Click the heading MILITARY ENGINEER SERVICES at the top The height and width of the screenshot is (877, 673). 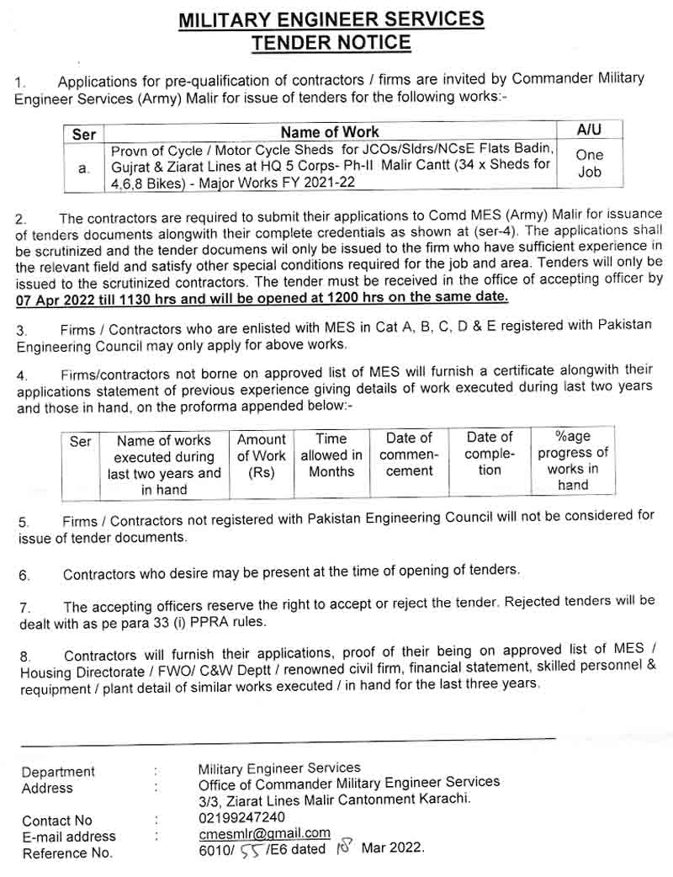331,19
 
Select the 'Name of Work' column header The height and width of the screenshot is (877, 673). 330,132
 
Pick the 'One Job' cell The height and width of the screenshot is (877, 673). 590,163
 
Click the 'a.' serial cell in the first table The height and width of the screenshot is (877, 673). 83,168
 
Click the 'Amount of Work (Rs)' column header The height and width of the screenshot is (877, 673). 262,456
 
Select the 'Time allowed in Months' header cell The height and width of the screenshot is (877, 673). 331,455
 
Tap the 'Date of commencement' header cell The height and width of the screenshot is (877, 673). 409,455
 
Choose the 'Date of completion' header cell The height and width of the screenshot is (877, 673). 490,454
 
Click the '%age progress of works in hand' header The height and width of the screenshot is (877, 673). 573,460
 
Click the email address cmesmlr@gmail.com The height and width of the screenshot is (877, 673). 263,833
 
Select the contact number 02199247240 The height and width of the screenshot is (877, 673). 241,817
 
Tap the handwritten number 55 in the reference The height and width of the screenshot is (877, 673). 249,851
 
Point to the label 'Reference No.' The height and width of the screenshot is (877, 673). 67,853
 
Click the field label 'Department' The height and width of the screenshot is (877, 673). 58,772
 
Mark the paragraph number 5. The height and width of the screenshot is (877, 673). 24,523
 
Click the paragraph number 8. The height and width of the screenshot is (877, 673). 24,656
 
